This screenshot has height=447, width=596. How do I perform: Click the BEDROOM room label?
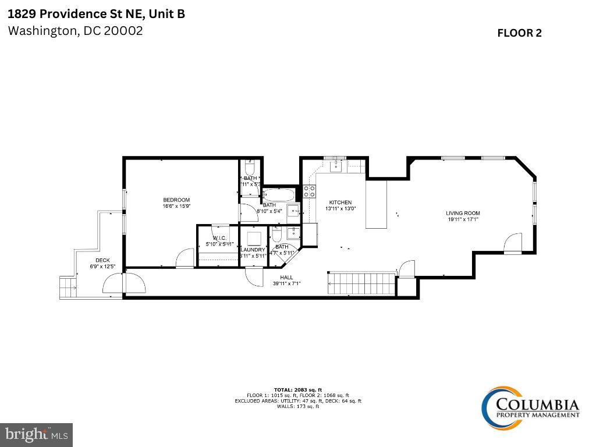[176, 200]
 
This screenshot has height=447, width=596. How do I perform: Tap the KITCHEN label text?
[340, 202]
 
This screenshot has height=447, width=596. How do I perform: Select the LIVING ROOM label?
[463, 213]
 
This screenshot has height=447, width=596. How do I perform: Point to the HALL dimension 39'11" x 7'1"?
[287, 283]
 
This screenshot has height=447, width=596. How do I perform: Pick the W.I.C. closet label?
[219, 238]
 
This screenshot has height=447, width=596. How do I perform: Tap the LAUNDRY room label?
[253, 250]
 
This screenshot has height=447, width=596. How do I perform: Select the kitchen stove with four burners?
[310, 192]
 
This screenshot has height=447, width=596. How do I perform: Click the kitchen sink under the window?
[336, 166]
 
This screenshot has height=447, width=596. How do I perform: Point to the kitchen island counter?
[376, 204]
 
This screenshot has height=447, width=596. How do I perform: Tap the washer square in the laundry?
[253, 239]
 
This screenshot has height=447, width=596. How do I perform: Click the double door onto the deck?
[123, 283]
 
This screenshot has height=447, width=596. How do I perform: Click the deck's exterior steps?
[68, 287]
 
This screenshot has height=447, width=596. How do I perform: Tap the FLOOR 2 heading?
[519, 33]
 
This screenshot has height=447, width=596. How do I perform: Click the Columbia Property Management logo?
[530, 406]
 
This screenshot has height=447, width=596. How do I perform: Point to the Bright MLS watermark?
[36, 434]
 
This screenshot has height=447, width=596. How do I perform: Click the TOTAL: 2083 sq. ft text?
[297, 389]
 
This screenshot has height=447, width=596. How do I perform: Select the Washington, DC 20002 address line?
[75, 31]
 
